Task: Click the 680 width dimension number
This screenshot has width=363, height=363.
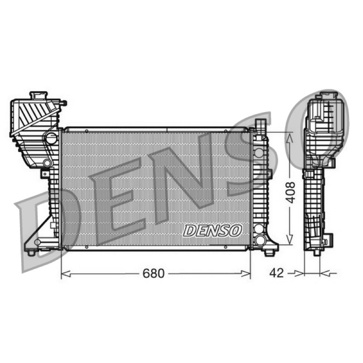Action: point(153,274)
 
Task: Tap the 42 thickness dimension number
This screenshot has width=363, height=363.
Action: point(276,273)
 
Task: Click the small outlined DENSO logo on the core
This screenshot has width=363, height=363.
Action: point(212,231)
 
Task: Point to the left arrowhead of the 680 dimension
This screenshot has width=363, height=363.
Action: point(65,274)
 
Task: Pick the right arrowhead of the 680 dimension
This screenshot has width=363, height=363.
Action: point(246,274)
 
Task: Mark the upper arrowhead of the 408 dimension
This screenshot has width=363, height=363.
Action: point(289,138)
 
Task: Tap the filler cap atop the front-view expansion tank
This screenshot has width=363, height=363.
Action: point(39,95)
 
